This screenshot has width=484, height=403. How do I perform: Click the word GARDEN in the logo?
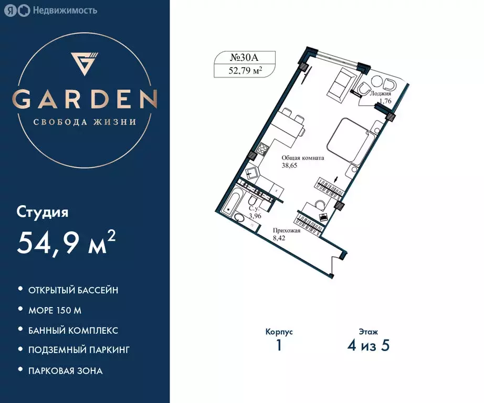tap(85, 99)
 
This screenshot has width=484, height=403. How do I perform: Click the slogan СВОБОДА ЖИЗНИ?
tap(85, 122)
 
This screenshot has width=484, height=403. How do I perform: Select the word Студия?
tap(43, 213)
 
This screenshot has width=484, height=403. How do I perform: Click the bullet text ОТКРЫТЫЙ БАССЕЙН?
tap(73, 290)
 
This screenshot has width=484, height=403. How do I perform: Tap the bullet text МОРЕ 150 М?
tap(55, 310)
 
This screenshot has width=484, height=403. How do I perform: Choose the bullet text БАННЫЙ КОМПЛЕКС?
tap(73, 331)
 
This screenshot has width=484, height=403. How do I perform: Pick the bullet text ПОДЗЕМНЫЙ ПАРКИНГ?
tap(79, 350)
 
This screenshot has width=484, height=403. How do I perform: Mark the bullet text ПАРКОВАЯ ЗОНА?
tap(66, 370)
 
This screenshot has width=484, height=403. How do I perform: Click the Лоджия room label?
tap(380, 93)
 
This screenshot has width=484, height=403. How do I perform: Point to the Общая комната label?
tap(303, 157)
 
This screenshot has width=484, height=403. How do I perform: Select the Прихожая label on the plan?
tap(286, 230)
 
